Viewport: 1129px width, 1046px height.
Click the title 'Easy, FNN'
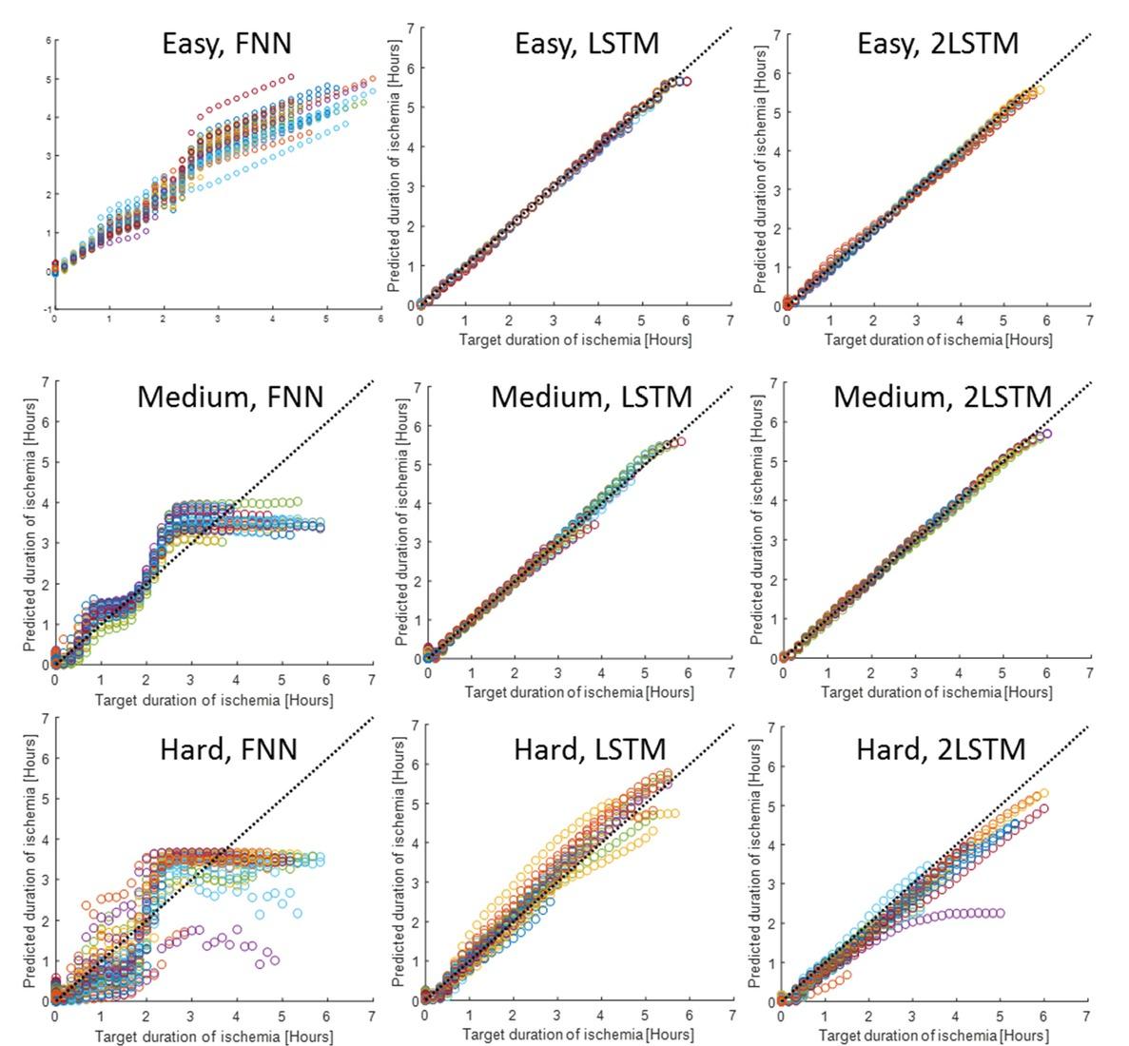226,44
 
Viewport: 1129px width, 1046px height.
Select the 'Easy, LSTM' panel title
586,44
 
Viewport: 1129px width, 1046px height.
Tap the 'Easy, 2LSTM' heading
938,44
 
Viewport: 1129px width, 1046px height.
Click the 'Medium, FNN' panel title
230,396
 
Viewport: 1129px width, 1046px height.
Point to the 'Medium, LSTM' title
592,396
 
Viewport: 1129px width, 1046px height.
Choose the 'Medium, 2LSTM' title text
943,396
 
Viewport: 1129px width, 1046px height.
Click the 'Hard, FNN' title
228,748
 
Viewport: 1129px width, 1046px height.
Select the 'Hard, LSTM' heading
590,749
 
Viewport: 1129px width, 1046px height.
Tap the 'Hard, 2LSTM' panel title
941,748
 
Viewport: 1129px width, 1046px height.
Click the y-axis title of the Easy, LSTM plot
395,166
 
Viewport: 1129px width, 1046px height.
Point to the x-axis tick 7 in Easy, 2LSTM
1090,321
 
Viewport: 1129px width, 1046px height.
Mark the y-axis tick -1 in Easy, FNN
48,309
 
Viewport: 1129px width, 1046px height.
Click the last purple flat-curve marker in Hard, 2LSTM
1000,913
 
